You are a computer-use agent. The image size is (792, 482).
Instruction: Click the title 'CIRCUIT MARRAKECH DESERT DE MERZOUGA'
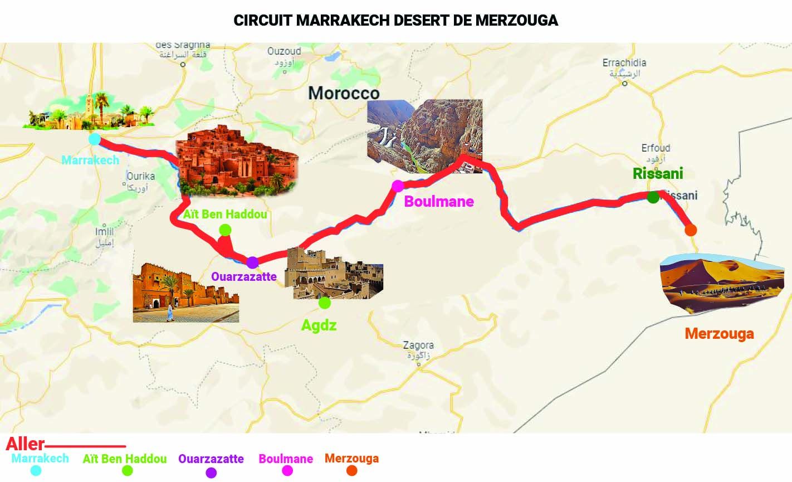pyautogui.click(x=395, y=21)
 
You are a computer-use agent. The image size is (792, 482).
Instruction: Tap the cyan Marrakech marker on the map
pyautogui.click(x=95, y=139)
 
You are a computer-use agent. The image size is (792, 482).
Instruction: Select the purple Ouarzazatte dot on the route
pyautogui.click(x=252, y=262)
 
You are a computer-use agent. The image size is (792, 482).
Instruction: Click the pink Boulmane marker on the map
pyautogui.click(x=398, y=186)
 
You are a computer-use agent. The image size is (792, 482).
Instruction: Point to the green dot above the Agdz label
pyautogui.click(x=325, y=303)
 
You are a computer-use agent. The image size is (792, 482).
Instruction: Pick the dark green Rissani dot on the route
pyautogui.click(x=653, y=197)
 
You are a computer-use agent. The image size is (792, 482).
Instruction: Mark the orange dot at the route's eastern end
pyautogui.click(x=691, y=230)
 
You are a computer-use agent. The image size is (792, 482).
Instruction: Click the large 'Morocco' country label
pyautogui.click(x=344, y=92)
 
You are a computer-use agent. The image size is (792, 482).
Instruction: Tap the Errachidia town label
pyautogui.click(x=624, y=63)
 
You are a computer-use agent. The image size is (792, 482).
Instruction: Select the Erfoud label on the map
pyautogui.click(x=656, y=148)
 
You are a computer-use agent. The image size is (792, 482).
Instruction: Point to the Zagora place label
pyautogui.click(x=418, y=345)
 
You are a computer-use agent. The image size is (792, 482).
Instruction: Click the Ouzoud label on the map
pyautogui.click(x=284, y=51)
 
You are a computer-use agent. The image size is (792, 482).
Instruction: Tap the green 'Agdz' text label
pyautogui.click(x=319, y=325)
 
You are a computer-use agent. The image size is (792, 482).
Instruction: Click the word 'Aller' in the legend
pyautogui.click(x=25, y=445)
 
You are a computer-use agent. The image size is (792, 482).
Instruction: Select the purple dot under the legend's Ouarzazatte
pyautogui.click(x=211, y=473)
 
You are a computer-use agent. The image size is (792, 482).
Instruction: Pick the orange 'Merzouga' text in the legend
pyautogui.click(x=351, y=459)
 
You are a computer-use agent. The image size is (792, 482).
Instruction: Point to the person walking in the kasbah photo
pyautogui.click(x=170, y=313)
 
